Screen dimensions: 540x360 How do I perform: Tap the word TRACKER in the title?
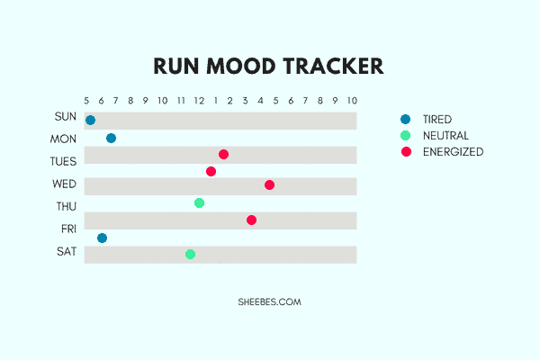[x=333, y=66]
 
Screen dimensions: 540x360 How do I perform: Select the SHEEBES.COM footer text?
[x=270, y=302]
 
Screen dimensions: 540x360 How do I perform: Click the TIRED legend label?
[x=437, y=120]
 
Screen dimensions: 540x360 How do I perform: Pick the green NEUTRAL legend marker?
[x=406, y=136]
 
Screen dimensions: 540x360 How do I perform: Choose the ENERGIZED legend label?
[x=454, y=152]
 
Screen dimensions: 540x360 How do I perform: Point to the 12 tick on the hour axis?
[x=199, y=101]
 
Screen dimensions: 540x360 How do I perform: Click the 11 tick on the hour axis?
[x=181, y=101]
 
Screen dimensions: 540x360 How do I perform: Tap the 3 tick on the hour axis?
[x=245, y=101]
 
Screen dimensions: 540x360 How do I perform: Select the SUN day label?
[x=66, y=117]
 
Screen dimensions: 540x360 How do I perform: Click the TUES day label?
[x=63, y=162]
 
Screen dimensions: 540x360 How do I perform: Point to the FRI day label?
[x=69, y=229]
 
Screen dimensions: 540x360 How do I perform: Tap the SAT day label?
[x=67, y=252]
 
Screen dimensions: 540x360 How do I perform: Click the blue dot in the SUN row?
[x=91, y=121]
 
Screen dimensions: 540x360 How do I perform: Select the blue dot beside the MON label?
[x=112, y=138]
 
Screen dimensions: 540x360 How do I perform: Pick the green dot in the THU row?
[x=200, y=202]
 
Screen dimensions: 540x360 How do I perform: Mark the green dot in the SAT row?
[x=191, y=254]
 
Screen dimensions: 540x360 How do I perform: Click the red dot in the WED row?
[x=270, y=185]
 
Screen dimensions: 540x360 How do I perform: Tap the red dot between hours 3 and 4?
[x=251, y=220]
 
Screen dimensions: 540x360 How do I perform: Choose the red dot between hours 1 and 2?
[x=223, y=154]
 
